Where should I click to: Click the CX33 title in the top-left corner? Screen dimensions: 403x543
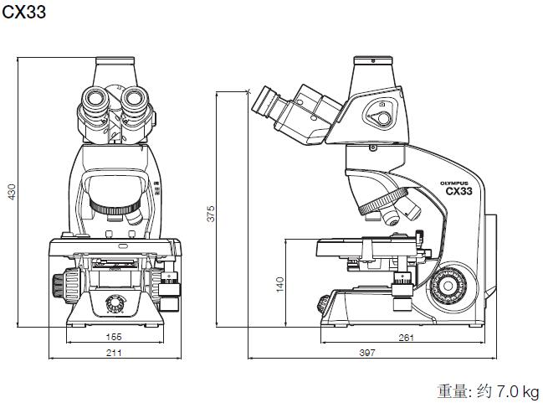[x=23, y=12]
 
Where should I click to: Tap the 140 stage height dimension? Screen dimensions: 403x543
[x=279, y=284]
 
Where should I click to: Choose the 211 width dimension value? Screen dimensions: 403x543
[x=115, y=354]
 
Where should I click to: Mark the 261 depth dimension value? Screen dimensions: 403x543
[x=404, y=337]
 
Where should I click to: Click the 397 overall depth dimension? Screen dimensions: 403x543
[x=366, y=354]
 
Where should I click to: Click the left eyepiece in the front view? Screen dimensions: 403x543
[x=95, y=106]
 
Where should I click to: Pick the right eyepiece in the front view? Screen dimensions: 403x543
[x=136, y=105]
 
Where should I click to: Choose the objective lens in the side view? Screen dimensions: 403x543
[x=390, y=216]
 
